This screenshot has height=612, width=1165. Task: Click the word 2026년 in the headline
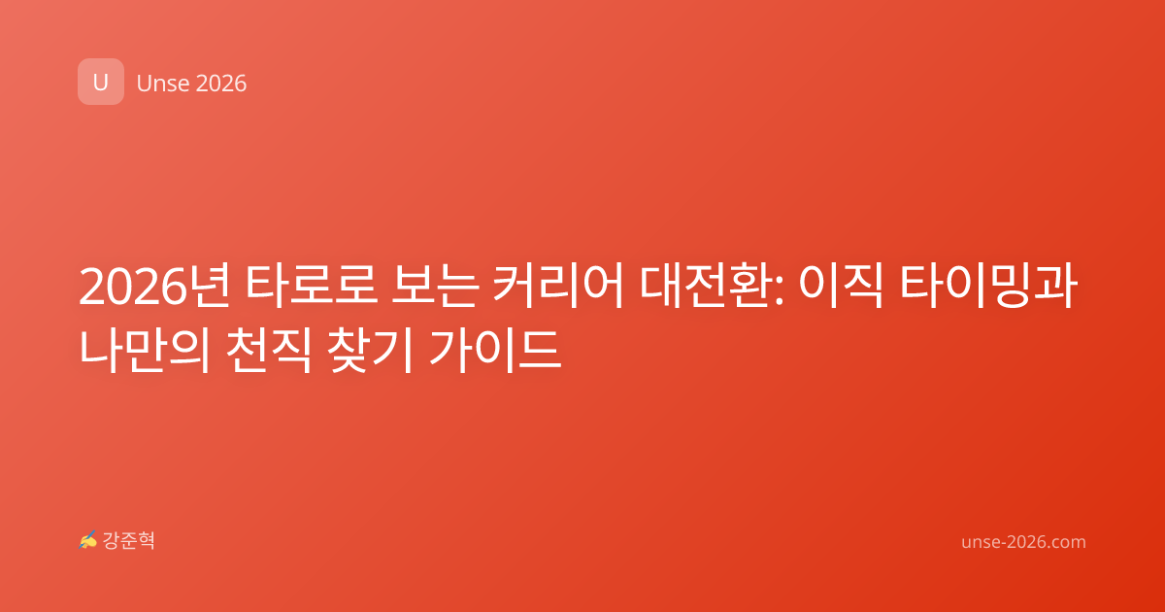[x=154, y=287]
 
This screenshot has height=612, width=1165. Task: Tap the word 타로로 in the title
[x=311, y=287]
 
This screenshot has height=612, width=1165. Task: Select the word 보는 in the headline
[x=435, y=287]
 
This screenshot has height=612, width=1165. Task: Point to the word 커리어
[x=557, y=287]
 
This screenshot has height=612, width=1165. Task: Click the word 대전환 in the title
[x=706, y=287]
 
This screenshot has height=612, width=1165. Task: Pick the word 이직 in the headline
[x=841, y=287]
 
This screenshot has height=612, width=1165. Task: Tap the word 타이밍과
[x=987, y=287]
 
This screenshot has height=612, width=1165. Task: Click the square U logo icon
[x=101, y=82]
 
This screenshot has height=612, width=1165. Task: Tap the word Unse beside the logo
[x=163, y=84]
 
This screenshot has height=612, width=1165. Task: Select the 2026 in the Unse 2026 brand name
[x=221, y=84]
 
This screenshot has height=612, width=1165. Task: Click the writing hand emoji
[x=88, y=540]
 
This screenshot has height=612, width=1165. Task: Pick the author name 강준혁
[x=128, y=540]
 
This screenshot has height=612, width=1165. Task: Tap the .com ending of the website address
[x=1065, y=542]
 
